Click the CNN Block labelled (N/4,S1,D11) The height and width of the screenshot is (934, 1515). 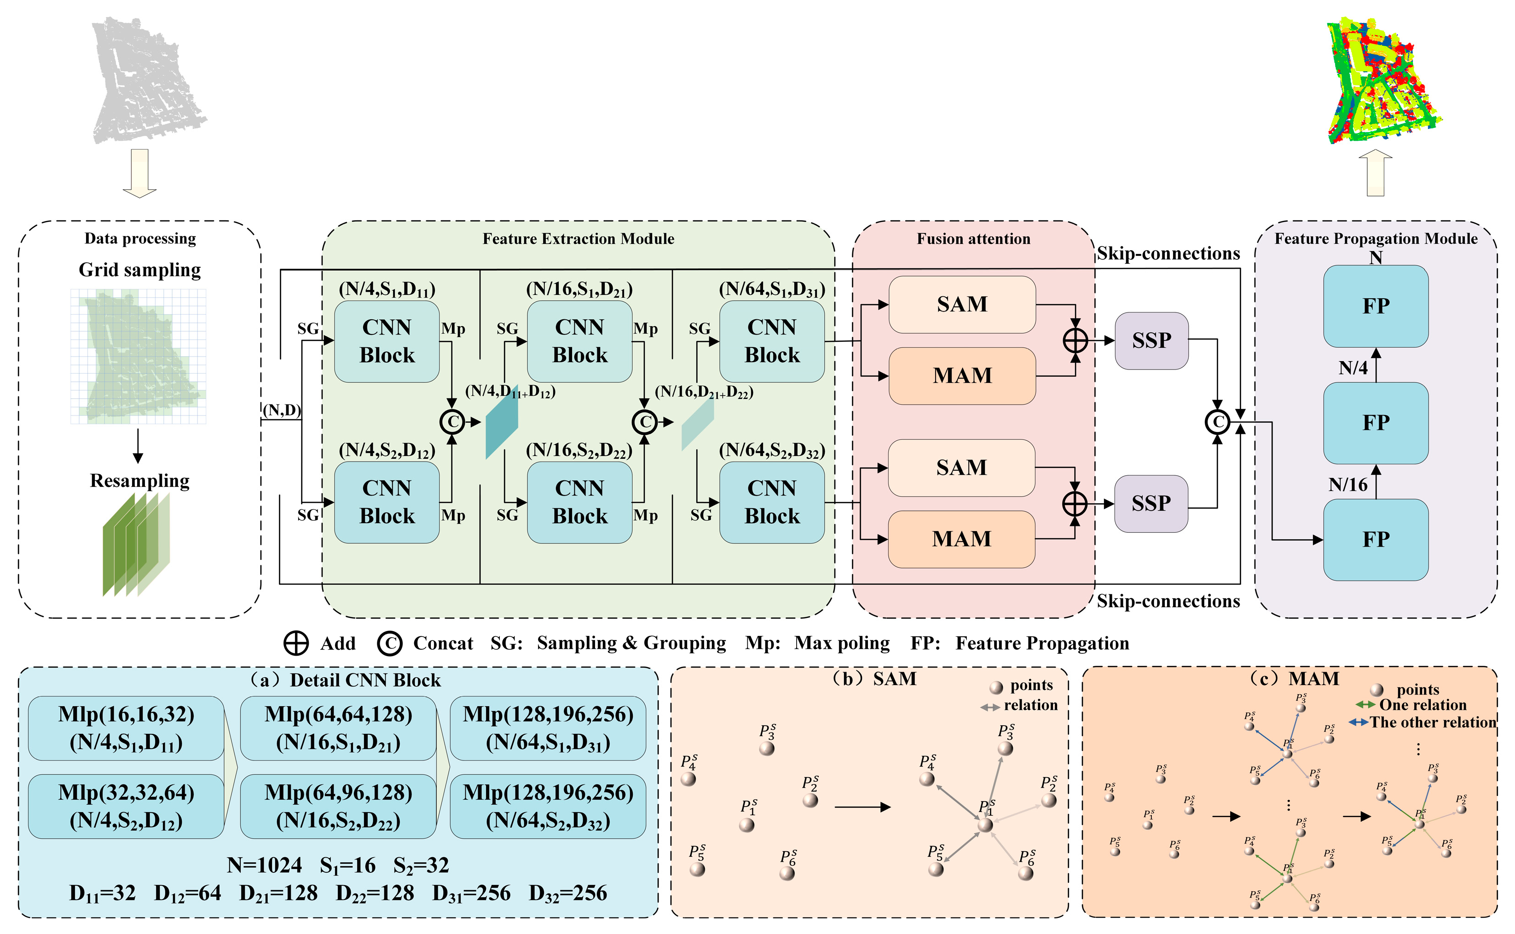coord(387,341)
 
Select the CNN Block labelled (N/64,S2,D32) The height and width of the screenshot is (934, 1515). coord(772,502)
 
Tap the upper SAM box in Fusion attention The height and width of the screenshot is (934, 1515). coord(962,305)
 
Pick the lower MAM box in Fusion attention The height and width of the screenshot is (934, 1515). coord(961,539)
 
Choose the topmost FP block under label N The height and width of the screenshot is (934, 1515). coord(1376,306)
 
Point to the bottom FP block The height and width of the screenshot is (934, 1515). coord(1376,540)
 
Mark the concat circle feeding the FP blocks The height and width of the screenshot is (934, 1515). coord(1218,422)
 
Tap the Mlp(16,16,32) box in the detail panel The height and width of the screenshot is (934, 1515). coord(126,728)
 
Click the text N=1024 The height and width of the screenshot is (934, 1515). coord(265,865)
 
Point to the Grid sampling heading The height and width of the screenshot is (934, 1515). coord(139,270)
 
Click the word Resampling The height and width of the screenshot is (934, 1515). coord(139,481)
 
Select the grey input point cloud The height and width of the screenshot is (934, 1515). coord(148,81)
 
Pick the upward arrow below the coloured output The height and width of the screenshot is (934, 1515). coord(1376,173)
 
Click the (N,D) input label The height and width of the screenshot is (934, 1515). coord(282,410)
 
